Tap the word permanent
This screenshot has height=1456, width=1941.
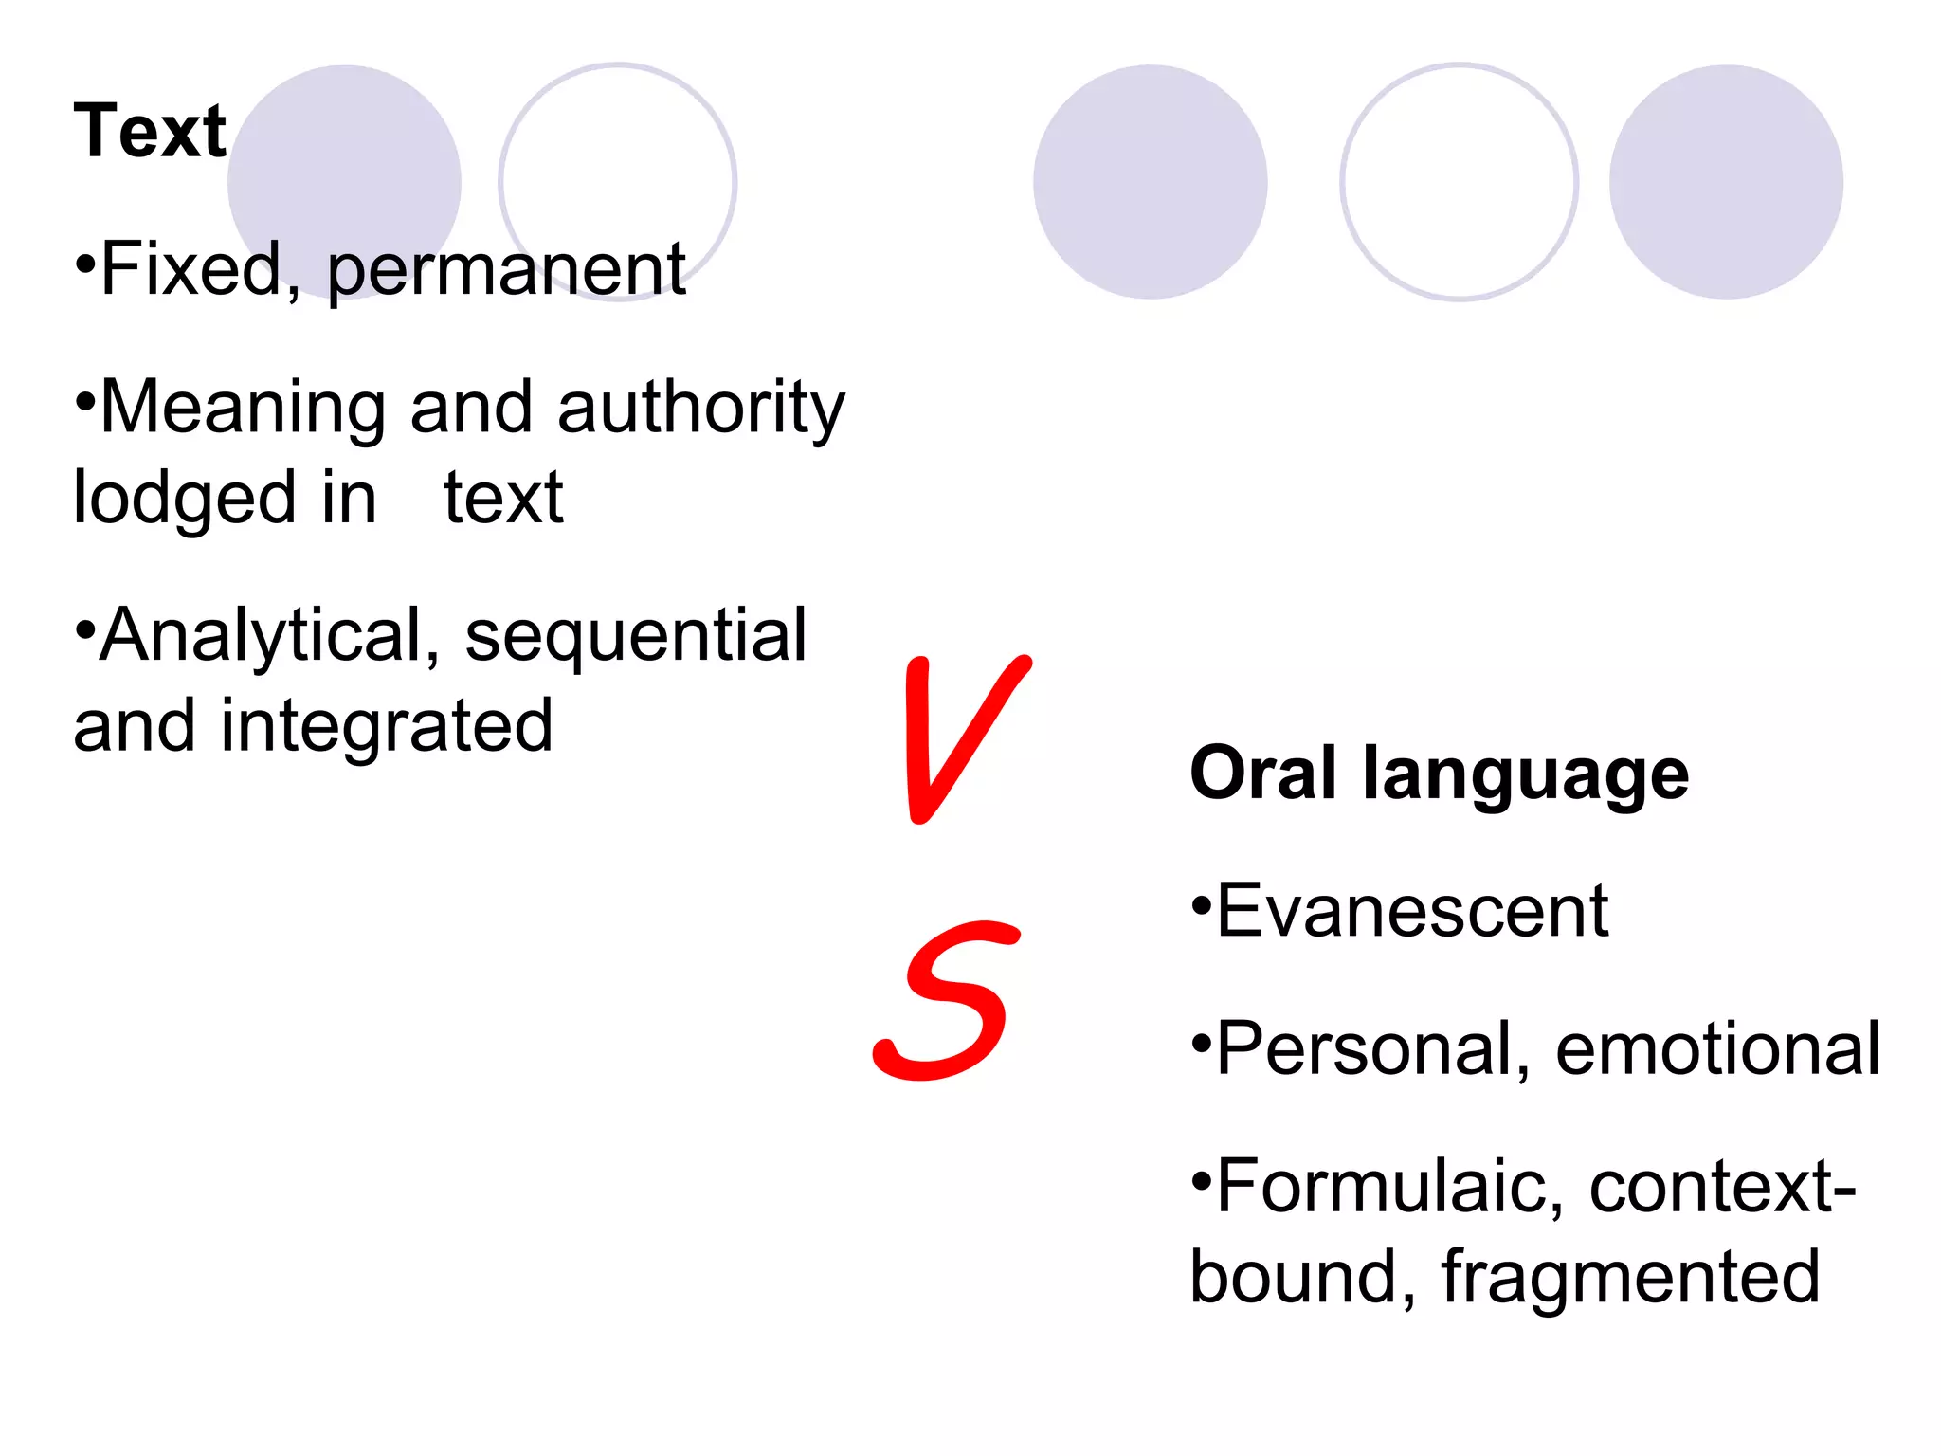tap(506, 271)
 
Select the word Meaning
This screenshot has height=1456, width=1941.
tap(243, 408)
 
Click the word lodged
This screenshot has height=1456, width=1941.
tap(185, 499)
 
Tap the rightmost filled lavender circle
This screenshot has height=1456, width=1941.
tap(1725, 182)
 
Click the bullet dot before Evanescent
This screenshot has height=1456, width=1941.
tap(1201, 905)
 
